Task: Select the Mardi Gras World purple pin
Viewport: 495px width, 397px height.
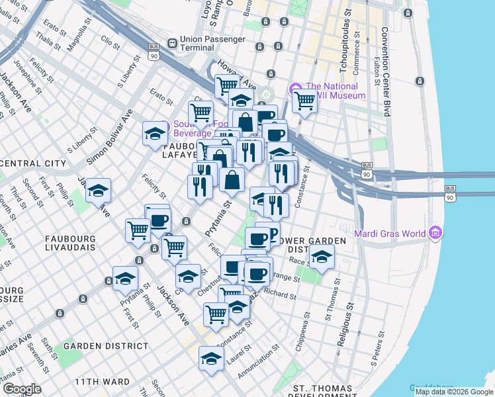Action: [x=435, y=233]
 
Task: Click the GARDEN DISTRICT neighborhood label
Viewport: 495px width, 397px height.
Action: [x=107, y=346]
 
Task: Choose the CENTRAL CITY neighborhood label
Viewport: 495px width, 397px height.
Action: [x=33, y=163]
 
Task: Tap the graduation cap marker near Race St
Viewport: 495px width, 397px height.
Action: [x=322, y=258]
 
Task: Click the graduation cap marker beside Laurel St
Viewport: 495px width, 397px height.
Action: [x=210, y=360]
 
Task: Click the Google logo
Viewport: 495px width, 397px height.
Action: [x=22, y=389]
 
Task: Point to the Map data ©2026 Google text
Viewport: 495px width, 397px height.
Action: [x=454, y=392]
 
